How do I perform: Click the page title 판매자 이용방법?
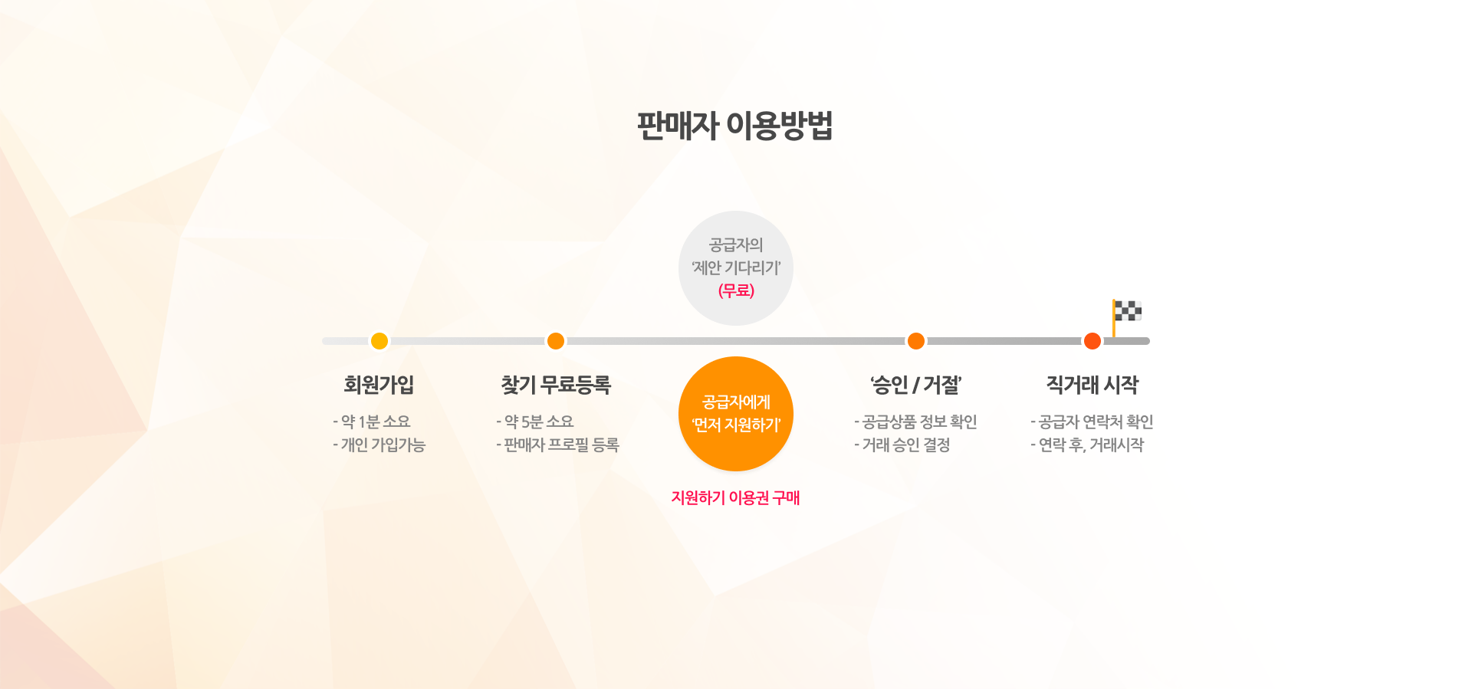tap(735, 126)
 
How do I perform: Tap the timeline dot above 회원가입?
tap(379, 341)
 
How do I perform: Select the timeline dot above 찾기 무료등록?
tap(556, 341)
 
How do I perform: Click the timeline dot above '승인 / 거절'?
tap(916, 341)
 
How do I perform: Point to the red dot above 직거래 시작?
tap(1092, 341)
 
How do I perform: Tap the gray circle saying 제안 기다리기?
tap(736, 268)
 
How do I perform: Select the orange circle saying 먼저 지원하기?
tap(736, 414)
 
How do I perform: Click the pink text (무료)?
tap(736, 290)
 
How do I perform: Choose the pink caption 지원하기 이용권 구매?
tap(736, 497)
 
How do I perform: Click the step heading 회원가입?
tap(379, 385)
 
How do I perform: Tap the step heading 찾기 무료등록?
tap(556, 385)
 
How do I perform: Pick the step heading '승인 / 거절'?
tap(916, 385)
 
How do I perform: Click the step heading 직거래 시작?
tap(1092, 385)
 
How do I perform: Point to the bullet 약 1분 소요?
tap(372, 422)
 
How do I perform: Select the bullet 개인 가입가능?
tap(379, 445)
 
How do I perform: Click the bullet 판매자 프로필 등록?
tap(557, 445)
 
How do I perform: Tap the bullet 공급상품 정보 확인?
tap(915, 422)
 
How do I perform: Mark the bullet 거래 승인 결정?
tap(902, 445)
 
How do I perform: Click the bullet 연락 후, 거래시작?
tap(1087, 445)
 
